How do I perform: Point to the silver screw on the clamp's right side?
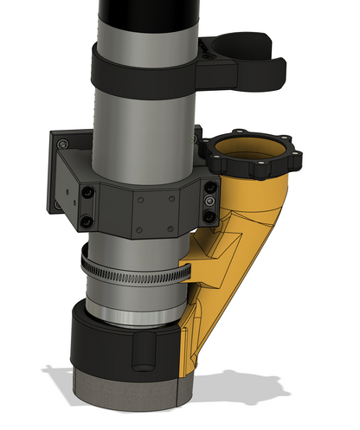(x=211, y=201)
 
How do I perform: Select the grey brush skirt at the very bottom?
(x=130, y=389)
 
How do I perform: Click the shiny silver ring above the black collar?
(x=130, y=311)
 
